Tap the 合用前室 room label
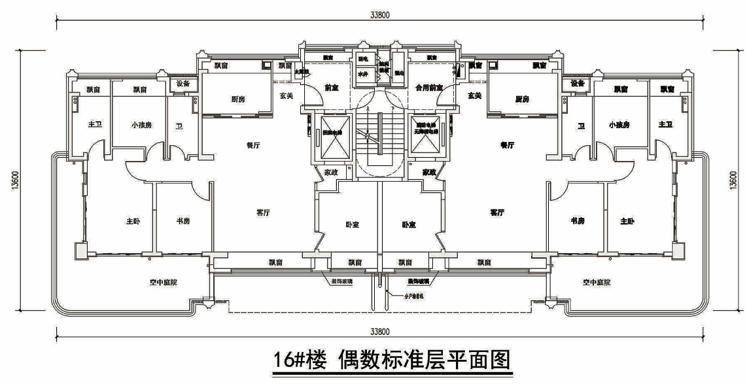[x=430, y=87]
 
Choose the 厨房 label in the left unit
[x=238, y=99]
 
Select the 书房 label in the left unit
[x=183, y=221]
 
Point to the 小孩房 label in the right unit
[x=618, y=124]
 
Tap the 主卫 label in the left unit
[x=92, y=124]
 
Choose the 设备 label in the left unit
[x=183, y=84]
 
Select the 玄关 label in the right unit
[x=475, y=96]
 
